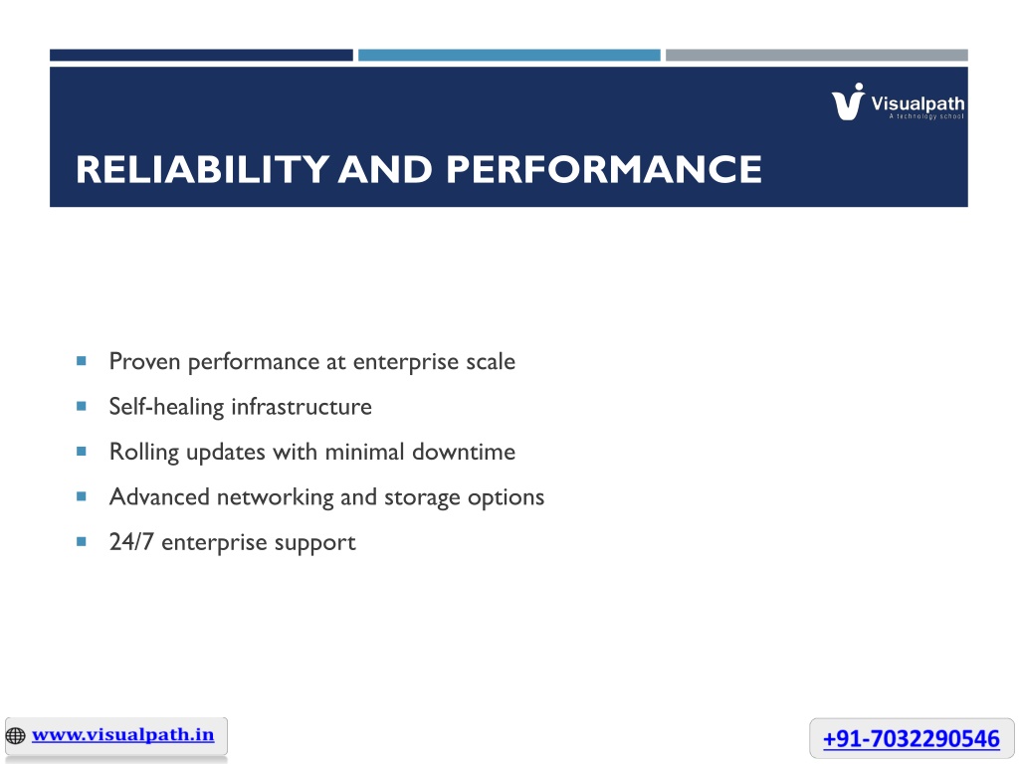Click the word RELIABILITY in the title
(202, 169)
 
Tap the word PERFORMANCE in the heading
(604, 169)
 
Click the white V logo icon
(848, 102)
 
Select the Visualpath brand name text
(917, 103)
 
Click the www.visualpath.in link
(122, 735)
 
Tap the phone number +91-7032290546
(912, 739)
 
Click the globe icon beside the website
(16, 735)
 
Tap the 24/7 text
(131, 542)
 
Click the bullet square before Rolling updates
(82, 451)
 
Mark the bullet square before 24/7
(82, 541)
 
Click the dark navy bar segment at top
(201, 56)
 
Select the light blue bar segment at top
(509, 56)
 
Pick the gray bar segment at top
(817, 56)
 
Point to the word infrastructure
(302, 407)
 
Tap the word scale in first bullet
(491, 361)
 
